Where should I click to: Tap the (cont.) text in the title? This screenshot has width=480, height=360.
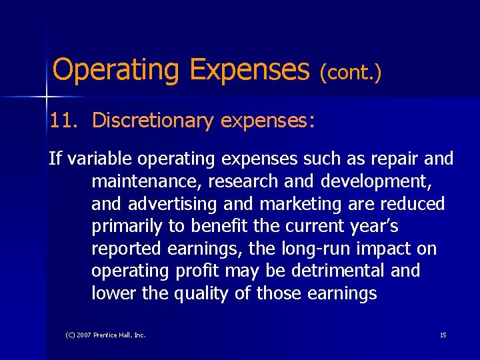(351, 72)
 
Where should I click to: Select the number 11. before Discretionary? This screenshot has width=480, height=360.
(63, 121)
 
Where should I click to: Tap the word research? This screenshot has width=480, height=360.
(240, 181)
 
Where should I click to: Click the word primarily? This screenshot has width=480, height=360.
(127, 227)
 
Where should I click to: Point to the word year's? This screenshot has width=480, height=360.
(374, 227)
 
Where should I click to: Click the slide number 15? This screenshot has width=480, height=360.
(443, 335)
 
